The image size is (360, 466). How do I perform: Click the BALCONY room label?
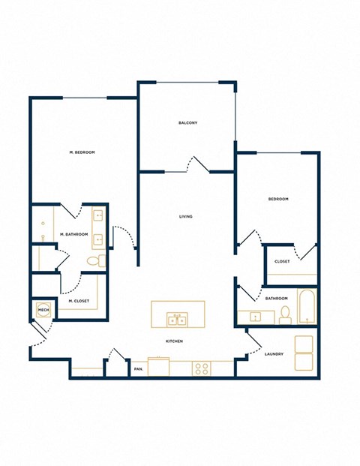pyautogui.click(x=187, y=123)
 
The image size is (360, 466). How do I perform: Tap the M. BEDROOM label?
pyautogui.click(x=82, y=152)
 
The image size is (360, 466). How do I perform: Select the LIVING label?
pyautogui.click(x=186, y=217)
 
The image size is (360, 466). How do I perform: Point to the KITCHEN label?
pyautogui.click(x=175, y=341)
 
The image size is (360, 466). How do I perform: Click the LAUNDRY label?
pyautogui.click(x=274, y=353)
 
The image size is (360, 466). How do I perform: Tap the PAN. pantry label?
pyautogui.click(x=139, y=368)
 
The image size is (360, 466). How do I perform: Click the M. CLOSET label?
pyautogui.click(x=79, y=301)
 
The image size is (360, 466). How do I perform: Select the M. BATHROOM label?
pyautogui.click(x=74, y=235)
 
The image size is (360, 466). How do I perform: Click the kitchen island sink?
pyautogui.click(x=178, y=320)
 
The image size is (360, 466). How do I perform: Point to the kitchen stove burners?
pyautogui.click(x=202, y=368)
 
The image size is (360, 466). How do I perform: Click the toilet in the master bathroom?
pyautogui.click(x=94, y=261)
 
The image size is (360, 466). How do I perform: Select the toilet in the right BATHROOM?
pyautogui.click(x=285, y=314)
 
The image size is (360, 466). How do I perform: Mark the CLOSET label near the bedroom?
pyautogui.click(x=282, y=262)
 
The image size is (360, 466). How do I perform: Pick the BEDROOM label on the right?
pyautogui.click(x=278, y=199)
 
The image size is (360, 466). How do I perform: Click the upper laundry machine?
pyautogui.click(x=304, y=344)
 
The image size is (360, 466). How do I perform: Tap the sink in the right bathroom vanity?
pyautogui.click(x=255, y=317)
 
